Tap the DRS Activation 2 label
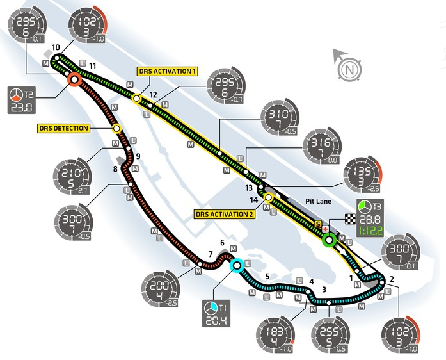[225, 214]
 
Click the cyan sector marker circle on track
[237, 264]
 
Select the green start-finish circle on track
[329, 241]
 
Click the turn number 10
[56, 47]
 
